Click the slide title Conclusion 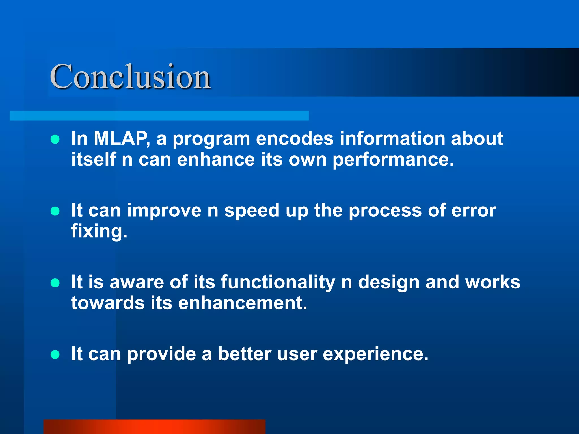click(130, 76)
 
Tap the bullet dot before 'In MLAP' click(55, 139)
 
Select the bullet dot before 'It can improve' click(55, 211)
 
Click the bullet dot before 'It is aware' click(55, 283)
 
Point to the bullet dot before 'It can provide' click(55, 355)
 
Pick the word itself click(94, 159)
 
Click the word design click(389, 283)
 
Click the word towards click(108, 303)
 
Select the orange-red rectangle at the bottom click(154, 427)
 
